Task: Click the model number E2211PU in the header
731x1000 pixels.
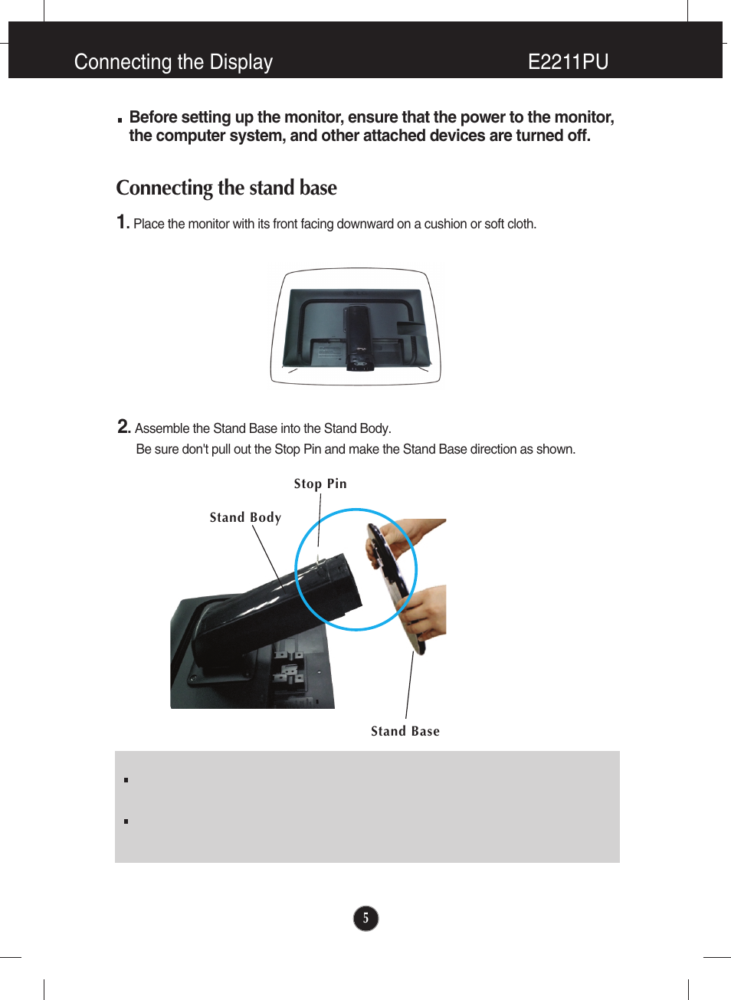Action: coord(568,62)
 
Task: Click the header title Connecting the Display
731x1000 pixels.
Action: coord(173,62)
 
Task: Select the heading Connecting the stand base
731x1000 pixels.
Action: coord(226,188)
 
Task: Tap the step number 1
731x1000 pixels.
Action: coord(122,222)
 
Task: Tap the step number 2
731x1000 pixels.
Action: coord(123,427)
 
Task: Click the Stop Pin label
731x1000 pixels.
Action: coord(320,484)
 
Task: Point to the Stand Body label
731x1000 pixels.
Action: coord(245,517)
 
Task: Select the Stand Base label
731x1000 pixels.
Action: coord(405,731)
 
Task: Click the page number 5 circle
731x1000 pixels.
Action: coord(365,918)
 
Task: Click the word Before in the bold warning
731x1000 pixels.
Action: coord(153,117)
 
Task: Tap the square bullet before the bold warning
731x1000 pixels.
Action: coord(120,120)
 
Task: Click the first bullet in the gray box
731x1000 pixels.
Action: coord(126,780)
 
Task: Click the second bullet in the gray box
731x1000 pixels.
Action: coord(126,821)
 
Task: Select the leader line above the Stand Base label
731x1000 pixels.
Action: coord(410,686)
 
